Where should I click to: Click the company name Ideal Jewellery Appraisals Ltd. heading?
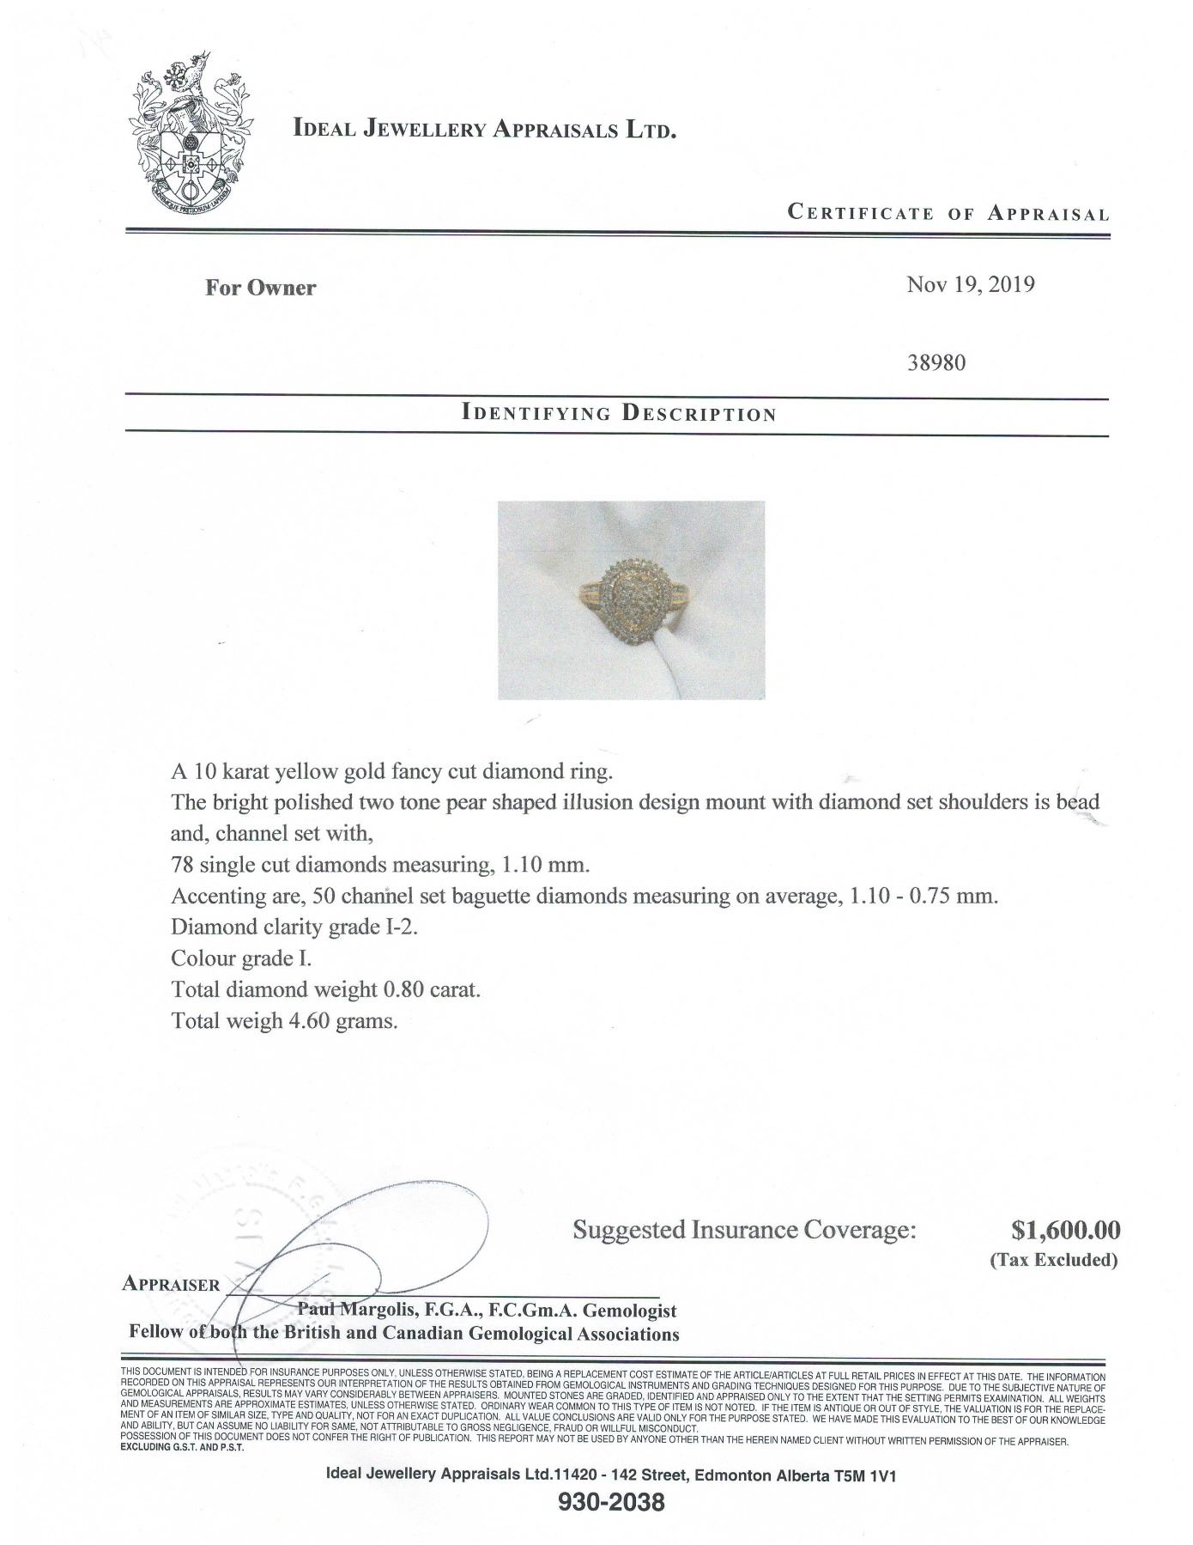click(485, 131)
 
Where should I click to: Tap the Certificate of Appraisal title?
click(948, 213)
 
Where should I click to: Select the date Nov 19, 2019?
click(970, 284)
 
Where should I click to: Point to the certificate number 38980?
click(936, 362)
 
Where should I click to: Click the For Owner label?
click(260, 288)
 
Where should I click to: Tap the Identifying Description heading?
click(618, 413)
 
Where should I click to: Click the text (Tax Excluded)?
click(1054, 1260)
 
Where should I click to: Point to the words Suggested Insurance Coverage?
click(744, 1230)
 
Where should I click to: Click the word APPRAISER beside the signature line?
click(172, 1284)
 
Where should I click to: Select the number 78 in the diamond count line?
click(183, 864)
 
